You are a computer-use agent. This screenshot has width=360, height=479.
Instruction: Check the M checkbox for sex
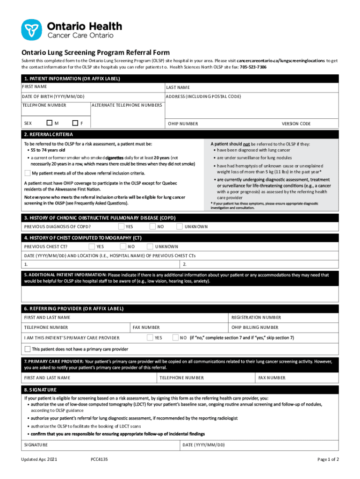(50, 123)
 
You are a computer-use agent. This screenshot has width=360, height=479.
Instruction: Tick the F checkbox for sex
(75, 123)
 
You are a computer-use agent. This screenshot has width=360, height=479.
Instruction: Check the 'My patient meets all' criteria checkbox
(27, 173)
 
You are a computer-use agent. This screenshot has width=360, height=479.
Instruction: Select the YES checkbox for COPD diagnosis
(122, 226)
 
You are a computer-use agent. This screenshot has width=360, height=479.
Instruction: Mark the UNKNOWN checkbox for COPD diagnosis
(180, 226)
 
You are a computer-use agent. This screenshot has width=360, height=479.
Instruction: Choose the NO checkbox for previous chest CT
(123, 246)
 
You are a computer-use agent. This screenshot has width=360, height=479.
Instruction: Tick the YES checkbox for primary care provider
(150, 337)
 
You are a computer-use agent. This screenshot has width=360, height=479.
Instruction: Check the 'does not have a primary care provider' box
(27, 349)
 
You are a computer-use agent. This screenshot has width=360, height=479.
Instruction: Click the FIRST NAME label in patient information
(34, 87)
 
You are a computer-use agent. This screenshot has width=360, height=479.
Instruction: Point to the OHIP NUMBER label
(183, 123)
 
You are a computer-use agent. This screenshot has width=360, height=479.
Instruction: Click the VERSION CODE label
(296, 123)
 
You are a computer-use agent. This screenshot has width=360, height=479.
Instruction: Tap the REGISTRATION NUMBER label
(256, 317)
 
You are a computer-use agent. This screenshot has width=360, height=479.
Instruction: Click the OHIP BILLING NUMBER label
(255, 327)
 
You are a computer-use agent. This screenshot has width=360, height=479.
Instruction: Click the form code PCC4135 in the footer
(100, 460)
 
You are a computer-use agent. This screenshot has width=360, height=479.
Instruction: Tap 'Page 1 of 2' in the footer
(328, 460)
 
